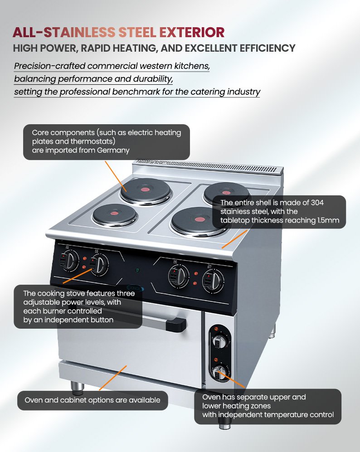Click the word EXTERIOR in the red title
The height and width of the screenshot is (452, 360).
tap(192, 32)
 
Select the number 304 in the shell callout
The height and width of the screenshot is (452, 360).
tap(317, 203)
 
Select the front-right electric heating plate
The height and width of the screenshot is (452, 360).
tap(199, 221)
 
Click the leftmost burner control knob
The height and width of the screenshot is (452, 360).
tap(68, 260)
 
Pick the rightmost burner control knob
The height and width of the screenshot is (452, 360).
tap(213, 281)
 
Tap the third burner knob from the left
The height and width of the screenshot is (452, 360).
tap(179, 276)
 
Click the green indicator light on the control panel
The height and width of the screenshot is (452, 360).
tap(137, 270)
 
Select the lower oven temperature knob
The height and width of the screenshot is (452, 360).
tap(220, 373)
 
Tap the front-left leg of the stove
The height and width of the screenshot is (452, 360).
tap(78, 388)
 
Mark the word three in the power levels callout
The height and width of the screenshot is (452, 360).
tap(126, 293)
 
